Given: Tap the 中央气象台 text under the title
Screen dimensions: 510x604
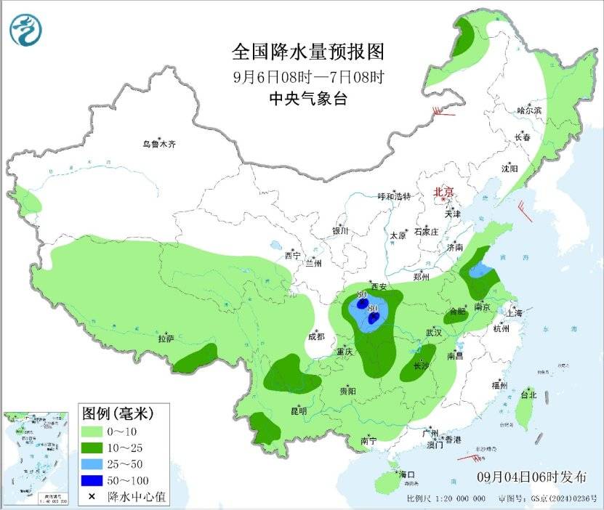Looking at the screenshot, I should (307, 99).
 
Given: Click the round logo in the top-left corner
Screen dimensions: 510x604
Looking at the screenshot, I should (25, 30).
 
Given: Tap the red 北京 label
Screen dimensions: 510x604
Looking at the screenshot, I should (443, 192).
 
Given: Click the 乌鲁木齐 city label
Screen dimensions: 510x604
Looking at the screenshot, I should (158, 144).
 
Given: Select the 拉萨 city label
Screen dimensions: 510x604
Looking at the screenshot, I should (166, 339).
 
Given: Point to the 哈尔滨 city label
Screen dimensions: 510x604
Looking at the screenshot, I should (529, 110).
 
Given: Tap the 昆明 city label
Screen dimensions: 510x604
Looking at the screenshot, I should (299, 411).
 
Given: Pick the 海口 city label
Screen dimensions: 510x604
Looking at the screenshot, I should (405, 474).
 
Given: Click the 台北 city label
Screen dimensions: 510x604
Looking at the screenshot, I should (528, 395).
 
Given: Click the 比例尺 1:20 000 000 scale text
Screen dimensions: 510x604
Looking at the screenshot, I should (446, 500).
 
